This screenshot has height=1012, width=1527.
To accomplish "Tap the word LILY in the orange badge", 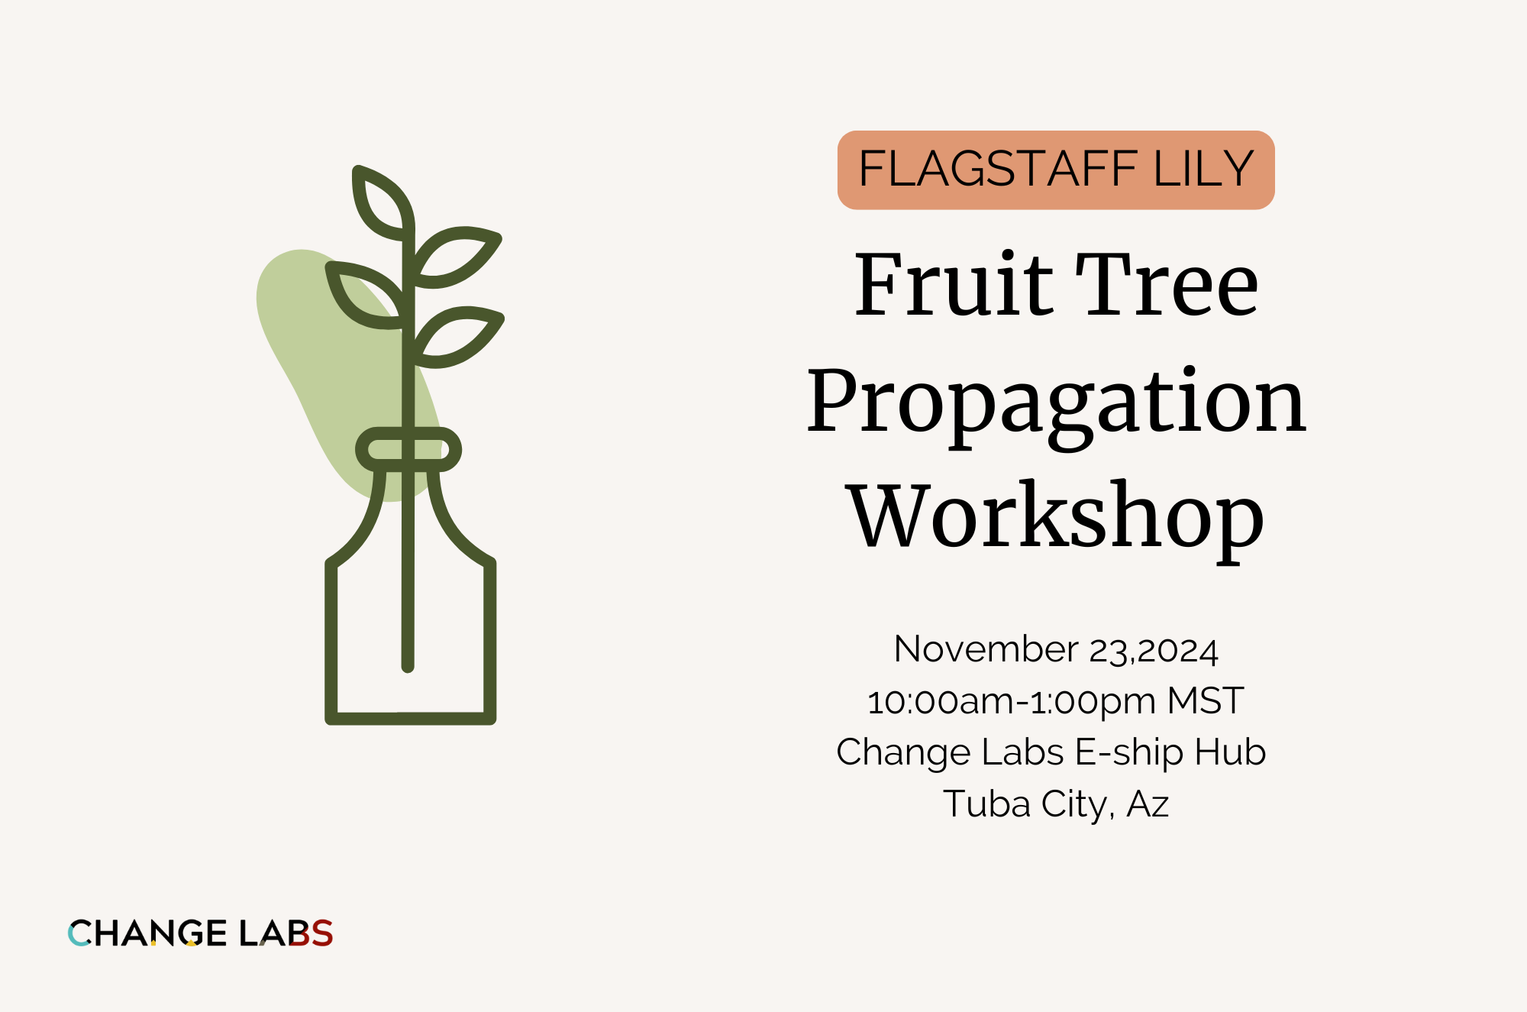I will click(x=1203, y=169).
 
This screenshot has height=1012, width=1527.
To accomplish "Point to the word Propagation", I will click(x=1057, y=403).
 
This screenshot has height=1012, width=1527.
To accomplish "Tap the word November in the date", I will click(x=986, y=649).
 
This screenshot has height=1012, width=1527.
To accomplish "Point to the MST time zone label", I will click(x=1206, y=700).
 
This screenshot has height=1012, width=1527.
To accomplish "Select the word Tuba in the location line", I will click(x=986, y=803).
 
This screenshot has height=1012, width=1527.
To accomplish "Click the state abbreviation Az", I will click(x=1148, y=803).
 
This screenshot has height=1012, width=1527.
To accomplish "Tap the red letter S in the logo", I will click(x=321, y=933).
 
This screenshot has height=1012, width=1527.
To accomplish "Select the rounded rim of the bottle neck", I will click(x=408, y=449).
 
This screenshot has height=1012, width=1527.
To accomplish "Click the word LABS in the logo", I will click(x=286, y=933).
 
